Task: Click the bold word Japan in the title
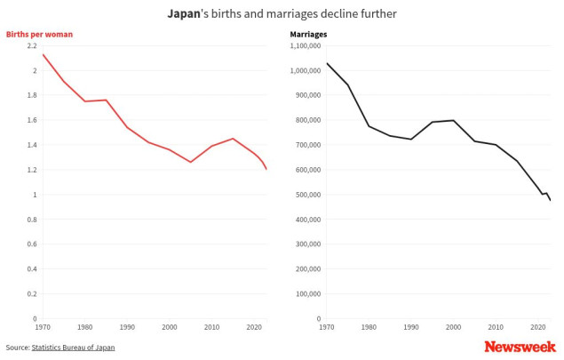point(184,14)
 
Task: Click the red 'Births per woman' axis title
point(39,35)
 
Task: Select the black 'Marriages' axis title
point(308,35)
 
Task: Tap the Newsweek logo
point(520,347)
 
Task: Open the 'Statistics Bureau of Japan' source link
point(73,348)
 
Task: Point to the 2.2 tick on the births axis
point(33,45)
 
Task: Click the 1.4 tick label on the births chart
point(33,145)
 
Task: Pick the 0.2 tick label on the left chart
point(33,294)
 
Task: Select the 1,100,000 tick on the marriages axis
point(306,45)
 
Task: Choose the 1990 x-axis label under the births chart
point(127,327)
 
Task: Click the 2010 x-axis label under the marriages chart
point(496,327)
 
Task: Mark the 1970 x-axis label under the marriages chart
point(326,327)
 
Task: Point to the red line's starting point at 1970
point(43,55)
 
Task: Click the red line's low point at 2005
point(190,162)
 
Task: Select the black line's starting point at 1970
point(326,63)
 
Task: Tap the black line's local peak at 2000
point(454,120)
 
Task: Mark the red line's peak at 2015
point(233,139)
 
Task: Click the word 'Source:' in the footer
point(17,348)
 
